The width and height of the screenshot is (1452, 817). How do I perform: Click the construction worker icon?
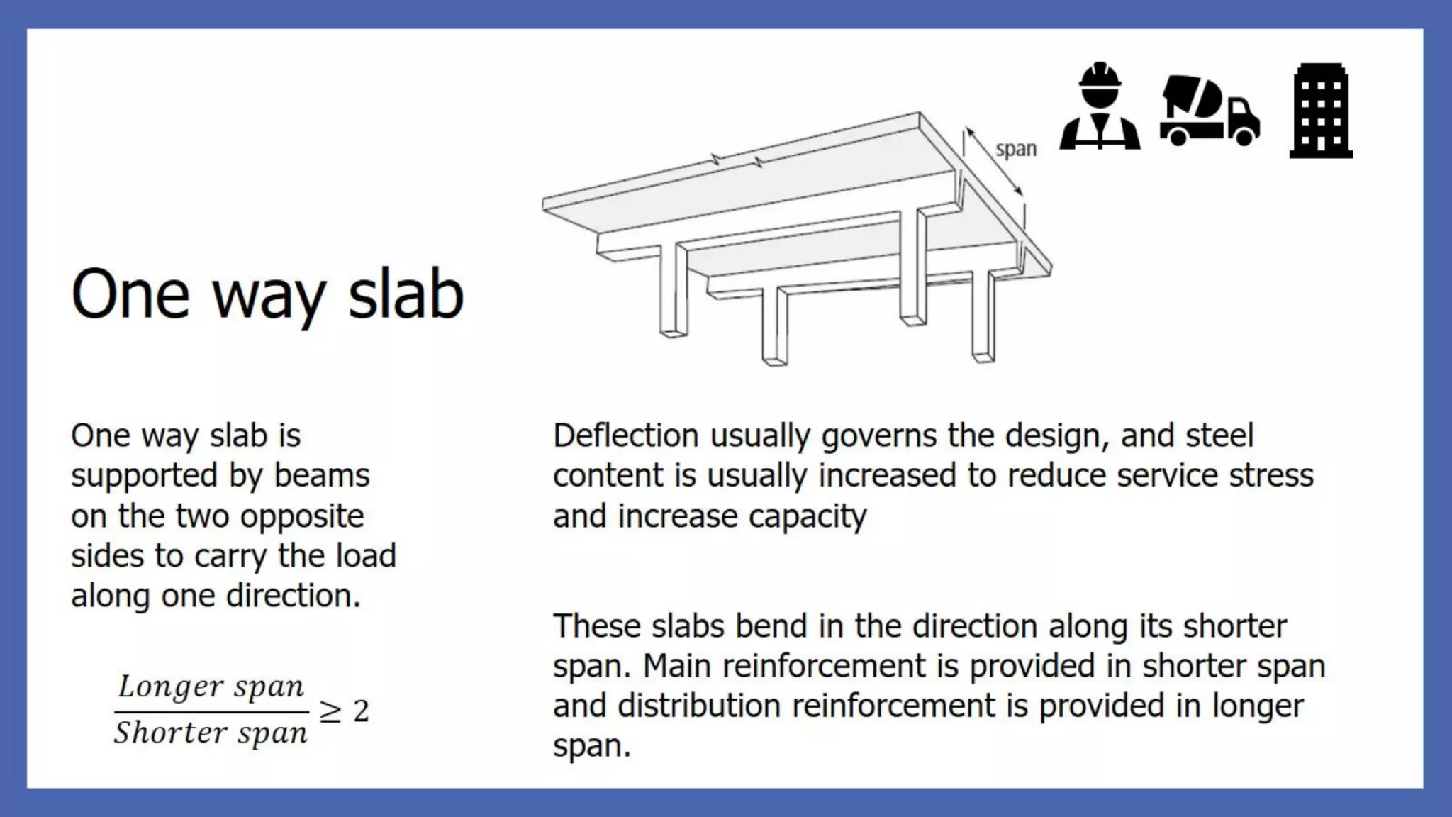(1100, 108)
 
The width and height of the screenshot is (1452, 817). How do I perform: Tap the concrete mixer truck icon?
(1210, 111)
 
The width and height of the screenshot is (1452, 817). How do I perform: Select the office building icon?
(1321, 111)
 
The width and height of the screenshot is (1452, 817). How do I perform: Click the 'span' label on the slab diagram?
(1016, 150)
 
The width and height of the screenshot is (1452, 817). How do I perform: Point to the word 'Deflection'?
(625, 435)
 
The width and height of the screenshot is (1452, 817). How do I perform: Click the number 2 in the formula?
(361, 711)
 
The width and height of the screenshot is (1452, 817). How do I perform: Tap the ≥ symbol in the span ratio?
(330, 711)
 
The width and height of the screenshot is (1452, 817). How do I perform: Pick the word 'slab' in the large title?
(406, 294)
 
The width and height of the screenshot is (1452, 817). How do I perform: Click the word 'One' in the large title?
(130, 294)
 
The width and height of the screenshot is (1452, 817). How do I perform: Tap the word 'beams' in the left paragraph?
(322, 476)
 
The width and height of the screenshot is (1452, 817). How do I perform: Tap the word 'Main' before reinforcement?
(678, 666)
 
